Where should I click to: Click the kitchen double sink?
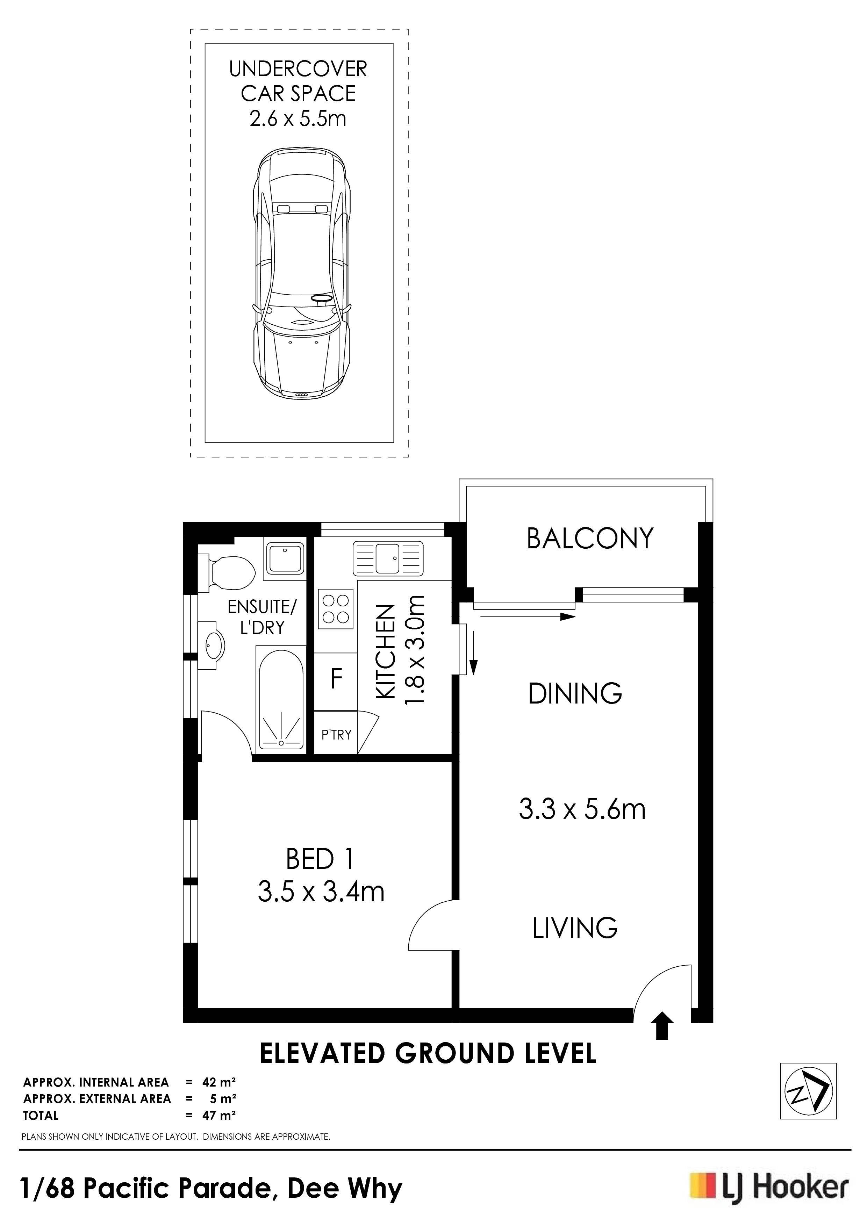click(x=387, y=558)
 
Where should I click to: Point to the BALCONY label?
click(x=590, y=538)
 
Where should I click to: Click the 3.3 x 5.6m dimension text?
click(x=582, y=809)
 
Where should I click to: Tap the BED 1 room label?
click(x=320, y=859)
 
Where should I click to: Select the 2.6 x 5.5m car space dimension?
click(x=298, y=118)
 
